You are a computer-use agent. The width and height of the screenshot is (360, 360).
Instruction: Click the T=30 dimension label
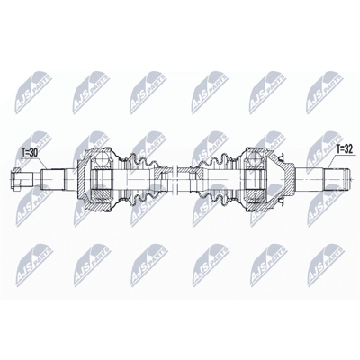point(30,153)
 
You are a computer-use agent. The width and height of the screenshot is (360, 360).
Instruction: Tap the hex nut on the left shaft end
point(15,179)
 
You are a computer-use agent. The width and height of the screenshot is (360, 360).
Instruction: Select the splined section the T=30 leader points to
point(53,179)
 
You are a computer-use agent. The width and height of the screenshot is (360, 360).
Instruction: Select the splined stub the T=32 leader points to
point(335,179)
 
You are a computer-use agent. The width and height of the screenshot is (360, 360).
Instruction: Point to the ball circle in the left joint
point(101,158)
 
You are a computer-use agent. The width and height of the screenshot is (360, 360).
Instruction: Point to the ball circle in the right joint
point(255,158)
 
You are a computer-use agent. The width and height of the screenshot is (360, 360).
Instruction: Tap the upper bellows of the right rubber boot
point(217,163)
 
